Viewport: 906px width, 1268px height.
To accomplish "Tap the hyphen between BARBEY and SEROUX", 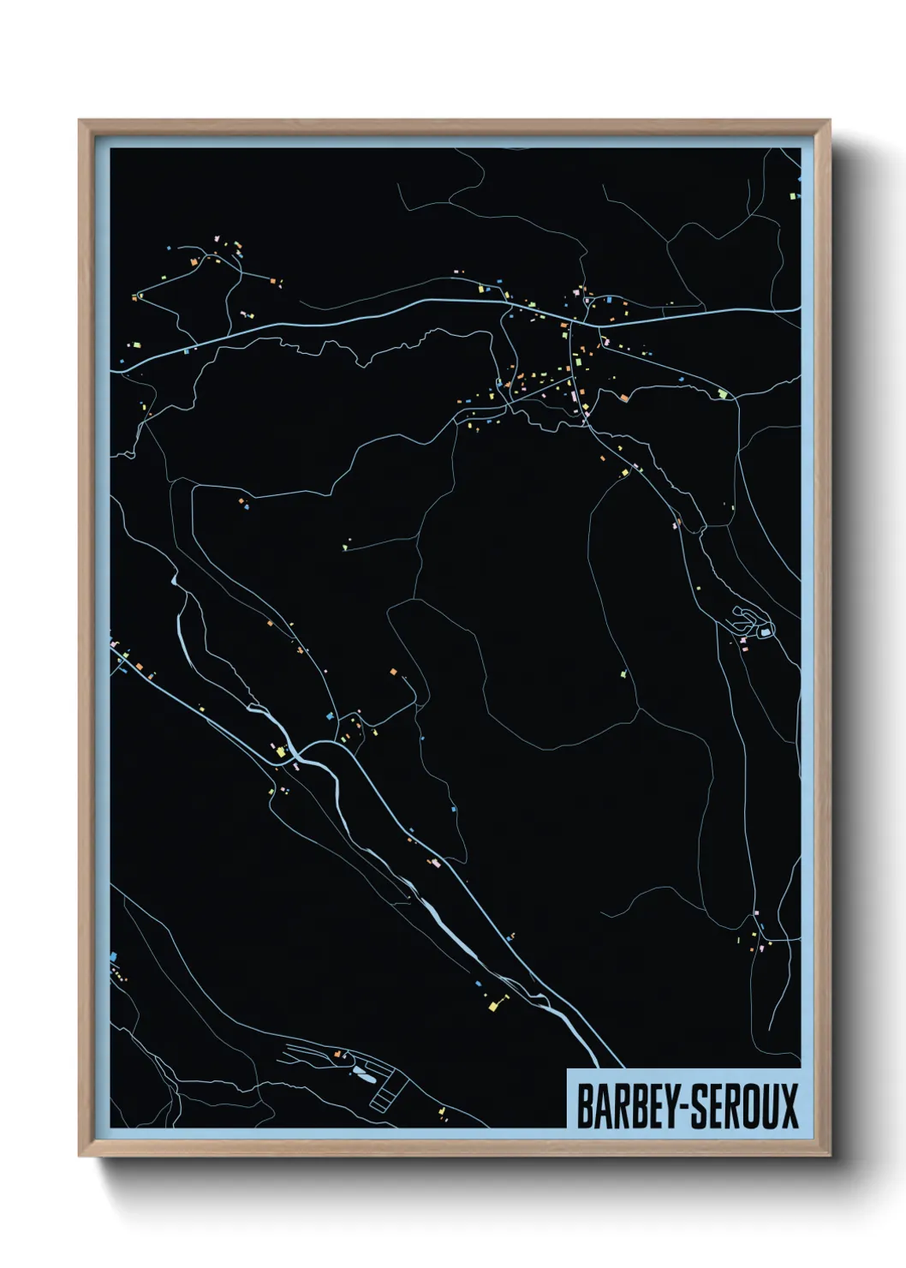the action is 682,1106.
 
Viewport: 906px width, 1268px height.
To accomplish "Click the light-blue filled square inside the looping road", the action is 763,632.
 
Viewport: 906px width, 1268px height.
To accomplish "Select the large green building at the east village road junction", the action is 723,394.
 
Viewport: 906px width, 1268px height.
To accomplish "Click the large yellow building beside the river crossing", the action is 280,751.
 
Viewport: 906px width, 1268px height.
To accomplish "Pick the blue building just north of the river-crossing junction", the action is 329,714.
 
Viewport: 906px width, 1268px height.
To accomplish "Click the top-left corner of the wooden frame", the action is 80,121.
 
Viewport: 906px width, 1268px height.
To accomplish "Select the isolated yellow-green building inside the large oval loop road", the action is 623,674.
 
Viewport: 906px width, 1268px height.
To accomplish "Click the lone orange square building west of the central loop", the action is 394,671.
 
